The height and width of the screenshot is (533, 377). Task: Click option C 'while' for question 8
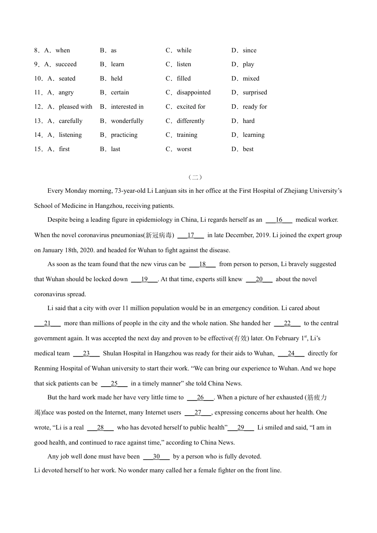point(184,50)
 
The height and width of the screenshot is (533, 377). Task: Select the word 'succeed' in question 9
point(66,64)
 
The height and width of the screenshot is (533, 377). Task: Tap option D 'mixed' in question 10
point(251,79)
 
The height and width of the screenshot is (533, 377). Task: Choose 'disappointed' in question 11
point(194,92)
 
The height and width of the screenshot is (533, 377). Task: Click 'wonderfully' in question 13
point(127,121)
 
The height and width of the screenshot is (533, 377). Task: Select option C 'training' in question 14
point(187,135)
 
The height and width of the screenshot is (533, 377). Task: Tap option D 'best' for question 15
point(248,149)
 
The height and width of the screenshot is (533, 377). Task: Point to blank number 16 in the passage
point(279,220)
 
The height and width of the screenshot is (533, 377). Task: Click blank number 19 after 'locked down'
point(144,279)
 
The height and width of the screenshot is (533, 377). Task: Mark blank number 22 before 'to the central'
point(287,323)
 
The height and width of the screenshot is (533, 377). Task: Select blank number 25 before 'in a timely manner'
point(114,383)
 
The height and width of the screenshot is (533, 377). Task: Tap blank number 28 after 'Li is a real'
point(100,428)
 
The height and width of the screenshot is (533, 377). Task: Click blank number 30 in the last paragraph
point(156,456)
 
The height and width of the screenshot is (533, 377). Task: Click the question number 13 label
point(38,121)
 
